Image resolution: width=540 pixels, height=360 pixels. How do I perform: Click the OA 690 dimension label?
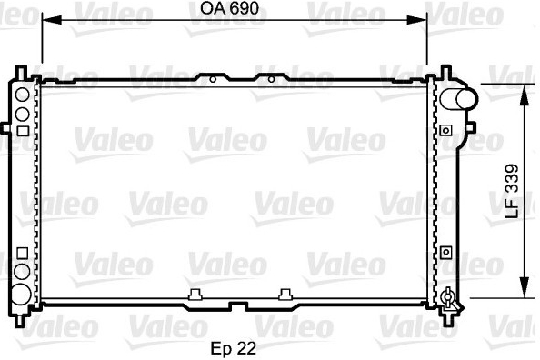tap(229, 8)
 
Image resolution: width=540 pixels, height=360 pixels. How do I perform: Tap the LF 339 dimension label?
tap(512, 191)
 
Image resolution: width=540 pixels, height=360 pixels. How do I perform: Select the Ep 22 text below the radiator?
tap(233, 348)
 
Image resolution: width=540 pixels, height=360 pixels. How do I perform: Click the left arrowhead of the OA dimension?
tap(51, 20)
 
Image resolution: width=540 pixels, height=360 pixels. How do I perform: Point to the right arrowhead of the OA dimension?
tap(416, 20)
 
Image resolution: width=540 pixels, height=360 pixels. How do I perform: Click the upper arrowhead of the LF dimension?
tap(525, 95)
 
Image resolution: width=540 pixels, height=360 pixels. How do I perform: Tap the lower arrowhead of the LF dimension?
tap(525, 287)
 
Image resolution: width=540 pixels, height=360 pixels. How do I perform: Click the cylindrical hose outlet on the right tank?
tap(459, 99)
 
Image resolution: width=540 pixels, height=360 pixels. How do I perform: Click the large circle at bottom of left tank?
tap(20, 295)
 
